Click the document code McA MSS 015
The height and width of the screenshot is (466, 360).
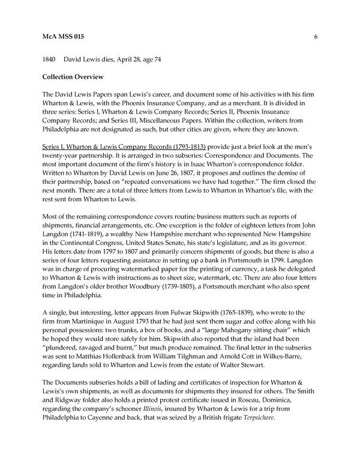pyautogui.click(x=64, y=37)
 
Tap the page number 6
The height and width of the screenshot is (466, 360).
pyautogui.click(x=315, y=37)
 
